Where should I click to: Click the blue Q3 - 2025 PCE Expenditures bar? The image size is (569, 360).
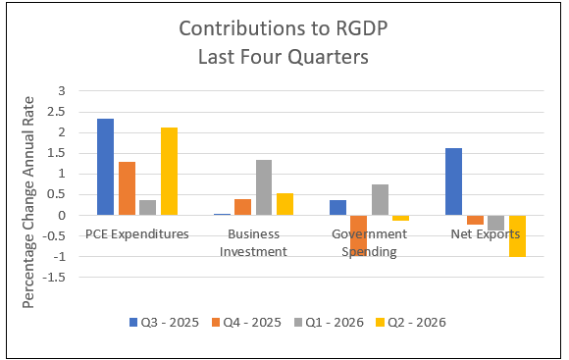point(105,167)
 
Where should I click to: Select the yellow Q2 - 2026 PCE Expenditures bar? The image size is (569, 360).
point(169,172)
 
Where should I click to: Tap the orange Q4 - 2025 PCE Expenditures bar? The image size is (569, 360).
point(127,188)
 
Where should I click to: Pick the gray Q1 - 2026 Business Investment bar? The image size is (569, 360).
point(264,187)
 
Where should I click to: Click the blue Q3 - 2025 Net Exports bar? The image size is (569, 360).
point(453,181)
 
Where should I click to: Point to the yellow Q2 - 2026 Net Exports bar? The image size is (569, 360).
point(517,235)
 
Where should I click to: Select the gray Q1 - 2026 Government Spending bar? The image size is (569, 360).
point(380,200)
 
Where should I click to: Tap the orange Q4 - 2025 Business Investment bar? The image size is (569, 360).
point(242,207)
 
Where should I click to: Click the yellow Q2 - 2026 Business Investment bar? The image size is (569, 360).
point(284,204)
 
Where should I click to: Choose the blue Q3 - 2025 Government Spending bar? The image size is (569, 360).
point(337,208)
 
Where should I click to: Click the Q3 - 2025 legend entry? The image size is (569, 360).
point(165,323)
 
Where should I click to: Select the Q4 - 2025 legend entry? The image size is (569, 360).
point(247,323)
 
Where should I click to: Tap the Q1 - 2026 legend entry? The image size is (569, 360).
point(329,323)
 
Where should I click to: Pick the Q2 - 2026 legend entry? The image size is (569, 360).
point(411,323)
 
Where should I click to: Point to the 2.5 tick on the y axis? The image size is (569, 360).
point(56,112)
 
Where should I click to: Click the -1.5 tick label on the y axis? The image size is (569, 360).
point(54,278)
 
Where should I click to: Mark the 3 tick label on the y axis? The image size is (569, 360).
point(62,90)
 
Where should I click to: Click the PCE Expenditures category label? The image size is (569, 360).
point(137,234)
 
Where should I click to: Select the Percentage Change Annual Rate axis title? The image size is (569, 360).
point(27,202)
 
